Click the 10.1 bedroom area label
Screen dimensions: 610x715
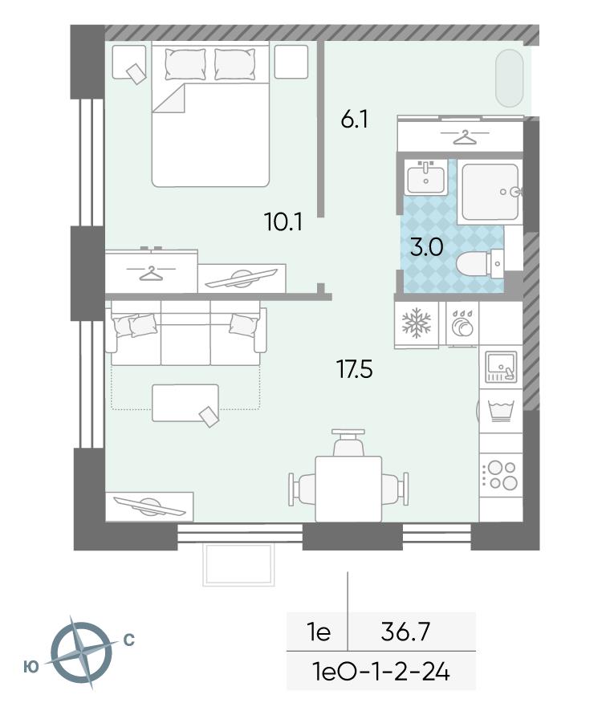(x=283, y=222)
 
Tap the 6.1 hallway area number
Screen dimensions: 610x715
(x=355, y=120)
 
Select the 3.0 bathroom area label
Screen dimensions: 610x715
(x=426, y=248)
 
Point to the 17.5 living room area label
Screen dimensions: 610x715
(x=355, y=369)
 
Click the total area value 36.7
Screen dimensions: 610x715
(x=405, y=632)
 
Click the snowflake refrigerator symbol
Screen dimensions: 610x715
(x=416, y=323)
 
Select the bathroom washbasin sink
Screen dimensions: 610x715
(x=425, y=178)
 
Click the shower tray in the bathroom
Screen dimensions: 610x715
(x=491, y=192)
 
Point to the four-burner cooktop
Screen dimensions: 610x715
(x=501, y=475)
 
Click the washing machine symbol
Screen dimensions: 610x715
(x=501, y=410)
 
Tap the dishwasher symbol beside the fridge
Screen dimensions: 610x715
(x=462, y=323)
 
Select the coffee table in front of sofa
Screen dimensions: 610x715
(x=185, y=403)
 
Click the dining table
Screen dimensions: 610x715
(x=349, y=489)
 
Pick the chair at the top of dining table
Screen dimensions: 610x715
(x=348, y=442)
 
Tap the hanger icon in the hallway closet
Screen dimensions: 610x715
(x=464, y=136)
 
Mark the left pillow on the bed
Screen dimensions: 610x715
(x=185, y=64)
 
